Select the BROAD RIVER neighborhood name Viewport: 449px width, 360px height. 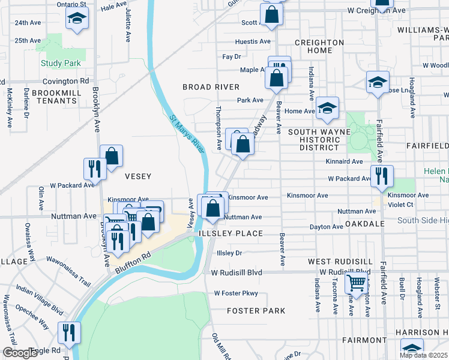[x=211, y=87]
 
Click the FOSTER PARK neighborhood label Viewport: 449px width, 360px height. [x=256, y=311]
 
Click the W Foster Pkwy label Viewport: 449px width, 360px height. [x=236, y=293]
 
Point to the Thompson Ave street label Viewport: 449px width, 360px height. [x=219, y=127]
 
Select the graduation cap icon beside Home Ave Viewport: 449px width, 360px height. [x=327, y=108]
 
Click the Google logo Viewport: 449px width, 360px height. [x=19, y=353]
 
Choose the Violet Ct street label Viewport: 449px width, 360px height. [x=401, y=204]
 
